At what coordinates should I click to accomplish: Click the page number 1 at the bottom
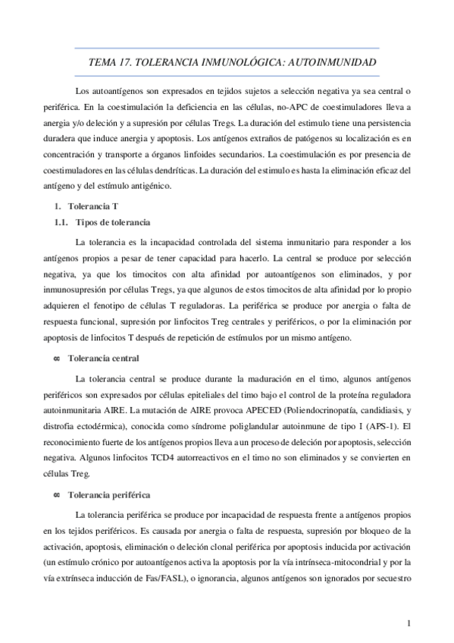[409, 623]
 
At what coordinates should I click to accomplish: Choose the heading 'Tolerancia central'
[103, 357]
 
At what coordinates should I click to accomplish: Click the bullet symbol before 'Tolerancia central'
[56, 357]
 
